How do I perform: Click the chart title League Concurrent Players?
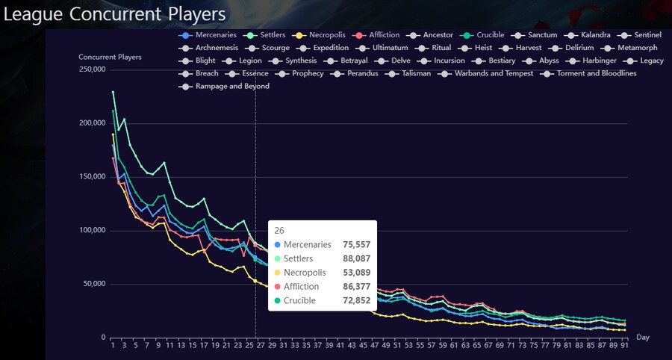(x=113, y=13)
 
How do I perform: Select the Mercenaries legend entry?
(x=208, y=35)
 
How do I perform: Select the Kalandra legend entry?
(x=589, y=35)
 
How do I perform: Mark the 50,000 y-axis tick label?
(x=94, y=284)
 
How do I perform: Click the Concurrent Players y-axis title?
(x=110, y=57)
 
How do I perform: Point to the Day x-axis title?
(x=642, y=338)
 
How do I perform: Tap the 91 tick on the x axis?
(x=623, y=346)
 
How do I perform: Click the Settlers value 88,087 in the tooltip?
(x=356, y=258)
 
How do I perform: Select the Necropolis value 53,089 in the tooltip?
(x=356, y=273)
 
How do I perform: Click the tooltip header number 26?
(x=279, y=230)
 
